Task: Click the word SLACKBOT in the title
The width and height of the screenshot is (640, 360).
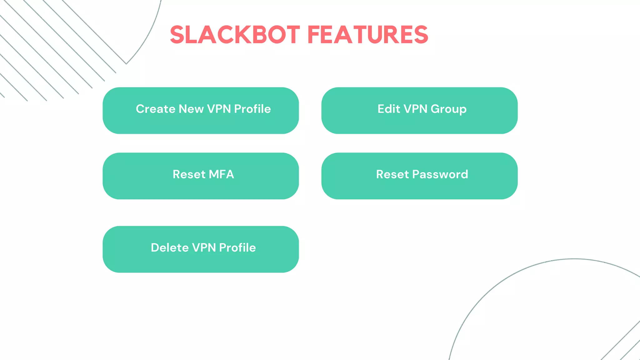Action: tap(235, 35)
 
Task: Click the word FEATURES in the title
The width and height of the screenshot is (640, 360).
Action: tap(368, 35)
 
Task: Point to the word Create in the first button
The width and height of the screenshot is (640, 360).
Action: tap(156, 109)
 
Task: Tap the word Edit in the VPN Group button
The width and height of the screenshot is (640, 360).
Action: tap(389, 109)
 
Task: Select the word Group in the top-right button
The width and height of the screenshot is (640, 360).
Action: tap(448, 109)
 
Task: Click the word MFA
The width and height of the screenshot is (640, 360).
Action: tap(221, 174)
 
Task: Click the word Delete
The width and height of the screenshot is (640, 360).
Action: tap(170, 248)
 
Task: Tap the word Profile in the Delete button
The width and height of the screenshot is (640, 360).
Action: tap(237, 248)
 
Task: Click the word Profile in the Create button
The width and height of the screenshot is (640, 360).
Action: tap(252, 109)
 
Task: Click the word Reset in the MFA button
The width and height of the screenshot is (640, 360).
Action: tap(189, 174)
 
